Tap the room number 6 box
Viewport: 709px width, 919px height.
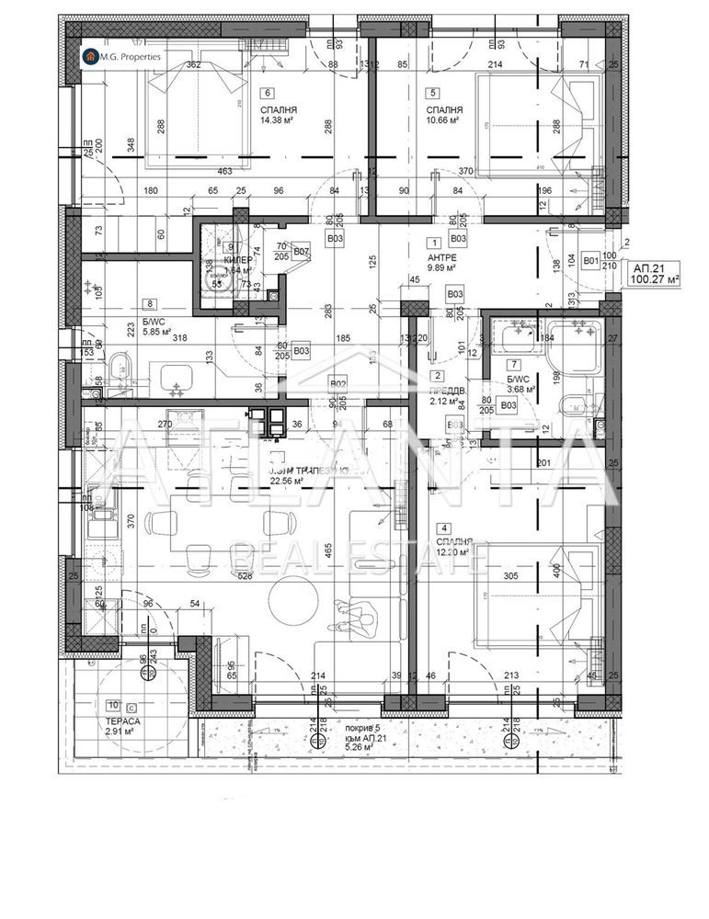268,92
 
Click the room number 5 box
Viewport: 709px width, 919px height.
432,92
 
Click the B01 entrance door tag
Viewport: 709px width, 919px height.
589,260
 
